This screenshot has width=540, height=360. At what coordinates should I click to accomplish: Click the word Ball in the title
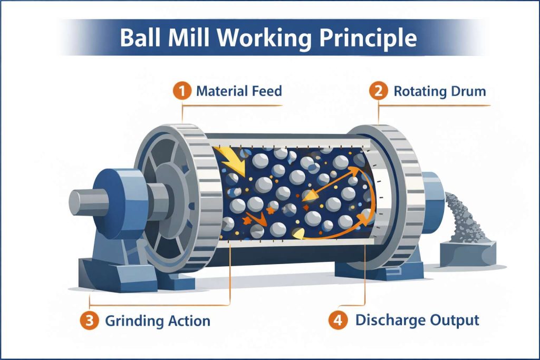click(140, 38)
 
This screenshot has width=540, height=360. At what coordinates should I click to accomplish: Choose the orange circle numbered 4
click(338, 319)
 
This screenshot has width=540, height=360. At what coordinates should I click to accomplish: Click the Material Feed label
click(239, 91)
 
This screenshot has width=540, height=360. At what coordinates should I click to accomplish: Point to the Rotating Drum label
click(439, 91)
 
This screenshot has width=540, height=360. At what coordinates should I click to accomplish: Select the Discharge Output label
click(417, 319)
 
